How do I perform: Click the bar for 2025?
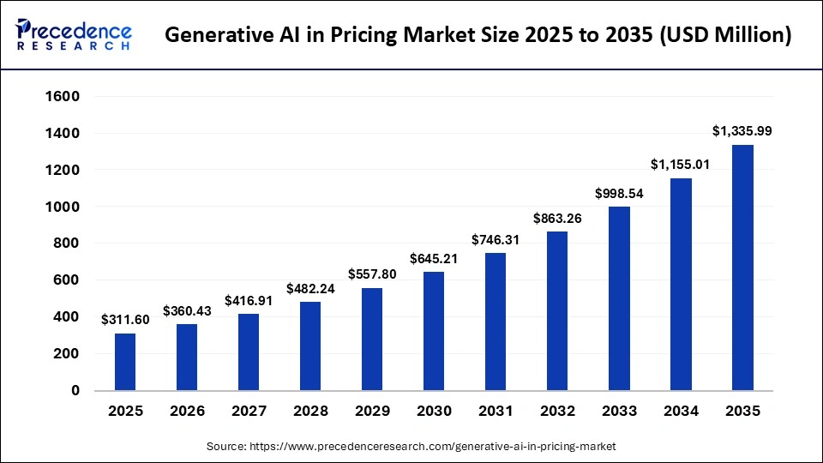pyautogui.click(x=125, y=361)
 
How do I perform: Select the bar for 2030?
pyautogui.click(x=434, y=331)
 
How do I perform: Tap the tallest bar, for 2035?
pyautogui.click(x=742, y=268)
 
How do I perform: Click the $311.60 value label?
pyautogui.click(x=125, y=320)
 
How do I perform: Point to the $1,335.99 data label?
pyautogui.click(x=742, y=131)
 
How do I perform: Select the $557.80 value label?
pyautogui.click(x=372, y=274)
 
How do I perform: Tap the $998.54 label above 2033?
pyautogui.click(x=619, y=194)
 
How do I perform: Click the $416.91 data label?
pyautogui.click(x=249, y=301)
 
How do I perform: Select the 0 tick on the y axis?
pyautogui.click(x=75, y=390)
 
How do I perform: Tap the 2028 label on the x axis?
pyautogui.click(x=310, y=412)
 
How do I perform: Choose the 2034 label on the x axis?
pyautogui.click(x=681, y=412)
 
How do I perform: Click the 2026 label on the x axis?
pyautogui.click(x=187, y=412)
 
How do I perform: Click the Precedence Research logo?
pyautogui.click(x=74, y=34)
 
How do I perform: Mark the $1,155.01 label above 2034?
pyautogui.click(x=681, y=165)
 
